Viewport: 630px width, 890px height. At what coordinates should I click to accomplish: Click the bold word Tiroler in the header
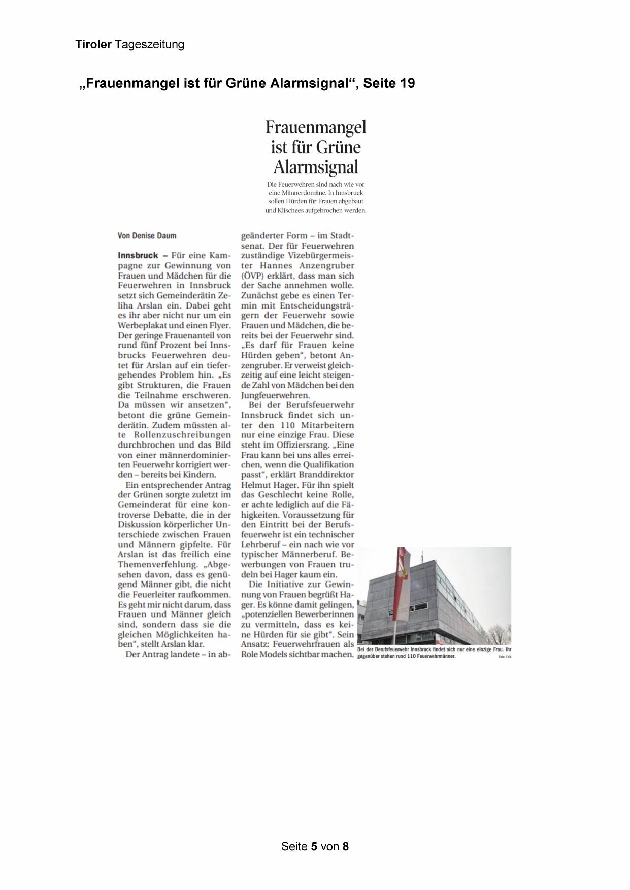(93, 44)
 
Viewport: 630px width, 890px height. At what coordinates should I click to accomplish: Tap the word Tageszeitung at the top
(149, 45)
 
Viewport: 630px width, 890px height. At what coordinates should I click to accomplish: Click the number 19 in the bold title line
(407, 83)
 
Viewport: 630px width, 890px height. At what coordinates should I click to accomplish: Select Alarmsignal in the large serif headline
(316, 167)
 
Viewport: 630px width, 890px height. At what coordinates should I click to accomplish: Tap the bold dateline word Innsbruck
(138, 256)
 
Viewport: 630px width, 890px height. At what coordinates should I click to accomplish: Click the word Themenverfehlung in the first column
(157, 564)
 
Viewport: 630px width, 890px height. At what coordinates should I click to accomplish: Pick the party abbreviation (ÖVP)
(252, 276)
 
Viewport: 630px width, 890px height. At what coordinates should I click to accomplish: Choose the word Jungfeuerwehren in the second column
(275, 395)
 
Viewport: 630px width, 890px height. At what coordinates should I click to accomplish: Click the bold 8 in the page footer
(345, 846)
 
